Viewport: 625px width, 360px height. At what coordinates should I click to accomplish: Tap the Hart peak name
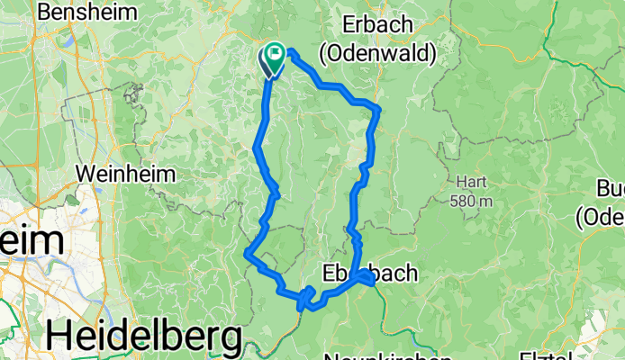471,179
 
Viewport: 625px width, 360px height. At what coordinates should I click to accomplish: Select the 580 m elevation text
472,201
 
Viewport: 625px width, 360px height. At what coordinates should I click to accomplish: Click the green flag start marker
273,56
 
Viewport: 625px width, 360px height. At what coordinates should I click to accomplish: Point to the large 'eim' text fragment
31,243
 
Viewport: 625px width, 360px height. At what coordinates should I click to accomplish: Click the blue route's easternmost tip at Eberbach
372,282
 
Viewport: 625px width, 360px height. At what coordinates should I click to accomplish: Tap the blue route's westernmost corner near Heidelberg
247,255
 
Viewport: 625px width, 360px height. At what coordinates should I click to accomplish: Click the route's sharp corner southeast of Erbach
379,109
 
